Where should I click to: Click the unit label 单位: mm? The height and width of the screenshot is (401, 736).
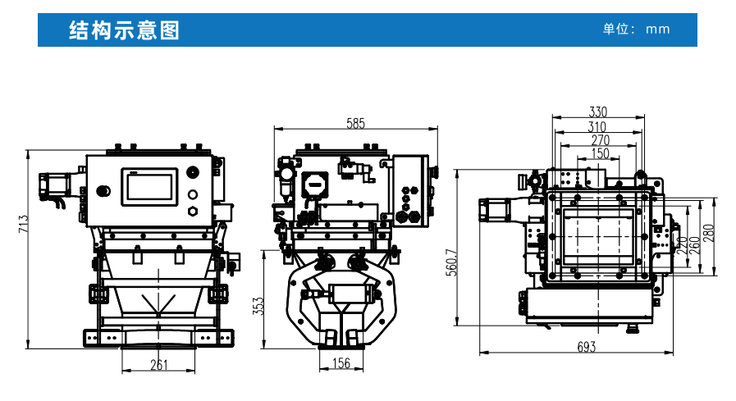(x=636, y=30)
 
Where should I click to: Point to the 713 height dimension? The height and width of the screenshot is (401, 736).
(x=24, y=224)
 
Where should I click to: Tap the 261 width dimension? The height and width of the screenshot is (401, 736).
(x=160, y=364)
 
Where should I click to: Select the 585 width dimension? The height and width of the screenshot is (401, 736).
(x=355, y=124)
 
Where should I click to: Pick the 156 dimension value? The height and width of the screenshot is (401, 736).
(x=341, y=363)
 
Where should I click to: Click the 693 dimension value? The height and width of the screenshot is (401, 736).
(x=586, y=347)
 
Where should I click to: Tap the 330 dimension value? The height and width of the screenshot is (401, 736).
(x=598, y=112)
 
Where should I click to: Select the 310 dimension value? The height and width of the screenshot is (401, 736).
(x=598, y=126)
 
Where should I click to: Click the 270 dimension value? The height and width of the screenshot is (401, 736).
(x=600, y=140)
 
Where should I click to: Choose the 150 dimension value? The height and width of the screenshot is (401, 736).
(x=600, y=153)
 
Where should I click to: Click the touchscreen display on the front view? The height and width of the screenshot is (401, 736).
(x=151, y=186)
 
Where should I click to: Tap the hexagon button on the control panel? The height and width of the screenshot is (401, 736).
(x=193, y=211)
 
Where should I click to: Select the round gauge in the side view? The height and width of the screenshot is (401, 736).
(x=313, y=183)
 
